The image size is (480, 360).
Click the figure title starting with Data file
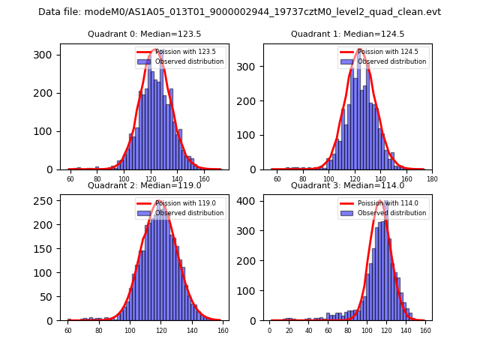pyautogui.click(x=239, y=12)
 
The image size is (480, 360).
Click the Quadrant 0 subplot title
pyautogui.click(x=144, y=34)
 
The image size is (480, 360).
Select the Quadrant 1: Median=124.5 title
pyautogui.click(x=347, y=34)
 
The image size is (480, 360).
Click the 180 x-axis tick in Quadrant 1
pyautogui.click(x=431, y=179)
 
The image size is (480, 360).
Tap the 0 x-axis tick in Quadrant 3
pyautogui.click(x=270, y=330)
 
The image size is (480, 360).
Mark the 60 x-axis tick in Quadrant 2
pyautogui.click(x=67, y=330)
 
